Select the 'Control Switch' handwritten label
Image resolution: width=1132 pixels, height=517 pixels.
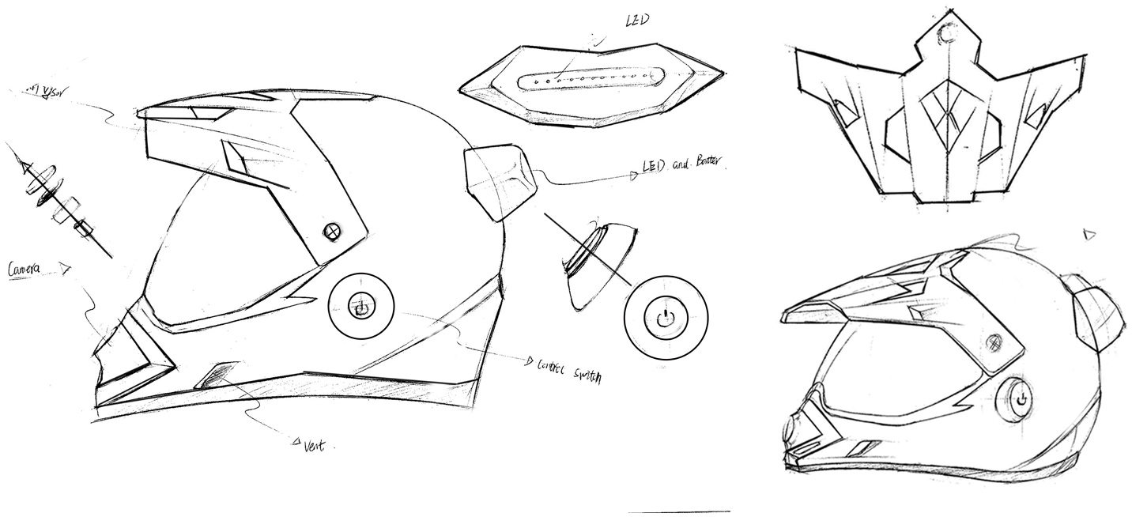point(568,370)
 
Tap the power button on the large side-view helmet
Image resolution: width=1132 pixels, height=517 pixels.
point(361,308)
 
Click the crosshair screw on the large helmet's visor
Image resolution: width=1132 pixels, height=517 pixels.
point(332,231)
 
